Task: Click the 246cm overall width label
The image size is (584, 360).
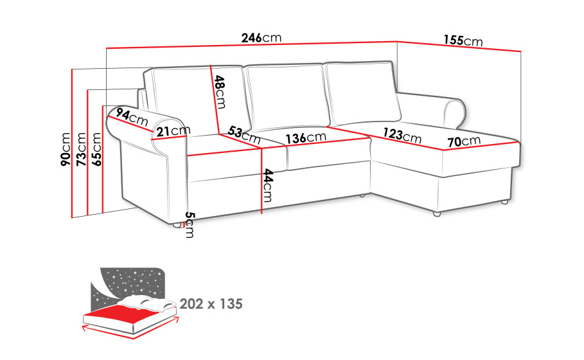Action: pos(261,38)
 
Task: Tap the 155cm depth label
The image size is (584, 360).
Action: pos(463,40)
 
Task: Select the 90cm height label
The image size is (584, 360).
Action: pos(66,149)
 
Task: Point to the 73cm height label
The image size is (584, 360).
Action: pos(81,149)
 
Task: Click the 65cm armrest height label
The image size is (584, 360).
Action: pos(96,149)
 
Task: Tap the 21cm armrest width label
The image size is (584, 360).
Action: pos(173,130)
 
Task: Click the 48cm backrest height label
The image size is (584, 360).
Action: pos(220,92)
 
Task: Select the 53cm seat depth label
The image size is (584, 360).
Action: pos(244,135)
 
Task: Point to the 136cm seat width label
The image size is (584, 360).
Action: pos(306,138)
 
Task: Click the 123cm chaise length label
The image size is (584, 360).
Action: pos(402,135)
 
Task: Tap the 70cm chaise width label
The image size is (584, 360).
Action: pos(464,141)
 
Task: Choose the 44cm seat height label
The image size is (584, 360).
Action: pos(267,185)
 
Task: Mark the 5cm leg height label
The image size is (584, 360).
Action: pos(190,225)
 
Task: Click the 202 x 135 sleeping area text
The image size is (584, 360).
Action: pos(211,304)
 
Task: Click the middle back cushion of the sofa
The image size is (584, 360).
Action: pos(287,97)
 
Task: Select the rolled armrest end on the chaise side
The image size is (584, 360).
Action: pos(455,111)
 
